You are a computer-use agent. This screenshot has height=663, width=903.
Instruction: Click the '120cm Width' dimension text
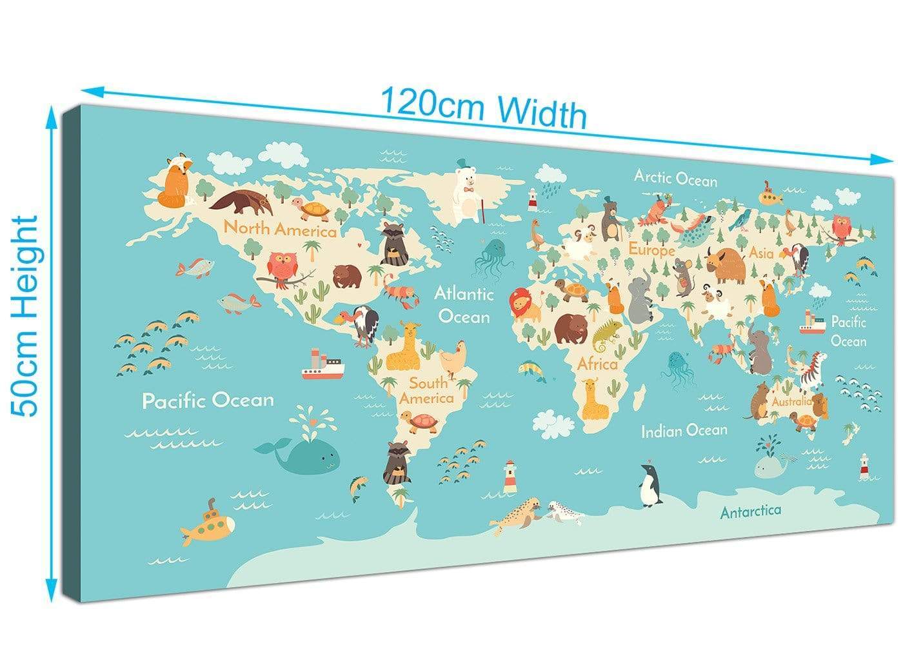484,108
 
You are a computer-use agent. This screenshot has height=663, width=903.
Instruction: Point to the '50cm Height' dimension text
25,316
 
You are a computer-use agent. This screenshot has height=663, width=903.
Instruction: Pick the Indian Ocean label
684,430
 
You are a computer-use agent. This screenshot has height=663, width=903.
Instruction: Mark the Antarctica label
750,511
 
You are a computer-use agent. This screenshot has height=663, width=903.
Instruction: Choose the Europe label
652,249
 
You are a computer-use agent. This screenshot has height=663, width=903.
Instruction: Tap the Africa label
597,364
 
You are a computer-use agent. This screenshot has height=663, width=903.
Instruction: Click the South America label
427,391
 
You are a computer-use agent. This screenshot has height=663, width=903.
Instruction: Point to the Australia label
791,401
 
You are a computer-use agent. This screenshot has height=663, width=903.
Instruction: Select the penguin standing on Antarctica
650,485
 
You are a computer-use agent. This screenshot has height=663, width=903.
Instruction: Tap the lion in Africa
526,304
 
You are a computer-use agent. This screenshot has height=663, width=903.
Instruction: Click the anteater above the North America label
240,202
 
